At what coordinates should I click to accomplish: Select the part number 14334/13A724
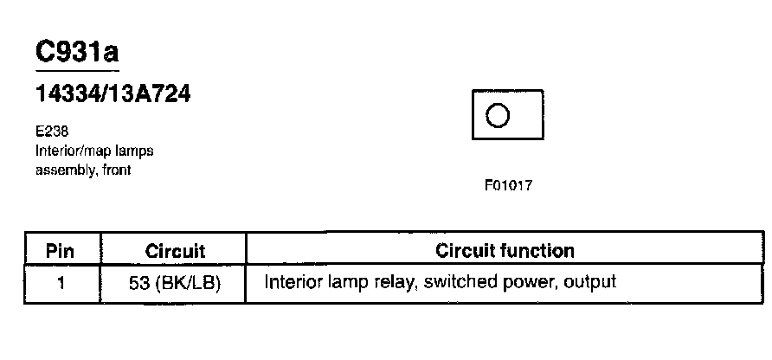coord(113,94)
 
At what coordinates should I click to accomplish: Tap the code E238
coord(51,133)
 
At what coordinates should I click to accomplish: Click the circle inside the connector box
coord(498,115)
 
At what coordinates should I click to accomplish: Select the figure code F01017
coord(508,186)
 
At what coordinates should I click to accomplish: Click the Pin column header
coord(61,252)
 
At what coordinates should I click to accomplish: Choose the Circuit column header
coord(175,252)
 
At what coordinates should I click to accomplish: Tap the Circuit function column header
coord(505,251)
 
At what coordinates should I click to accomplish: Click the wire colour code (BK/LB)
coord(187,283)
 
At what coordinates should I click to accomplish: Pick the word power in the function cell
coord(526,283)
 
